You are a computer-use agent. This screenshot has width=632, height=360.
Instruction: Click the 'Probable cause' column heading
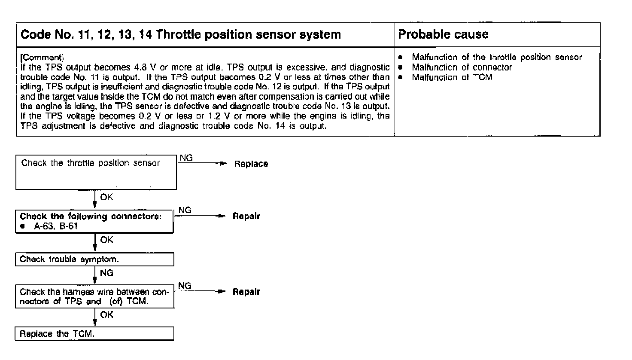pos(443,34)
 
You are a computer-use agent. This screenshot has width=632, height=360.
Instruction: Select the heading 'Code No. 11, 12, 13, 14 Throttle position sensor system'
pos(181,34)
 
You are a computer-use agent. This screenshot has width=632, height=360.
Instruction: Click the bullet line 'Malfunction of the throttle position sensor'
pos(497,57)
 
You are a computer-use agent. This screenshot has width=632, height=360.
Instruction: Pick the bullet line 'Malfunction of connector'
pos(462,67)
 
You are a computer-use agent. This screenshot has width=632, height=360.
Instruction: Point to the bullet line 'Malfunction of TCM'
pos(452,77)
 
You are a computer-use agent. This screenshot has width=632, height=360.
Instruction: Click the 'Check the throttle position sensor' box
pos(96,172)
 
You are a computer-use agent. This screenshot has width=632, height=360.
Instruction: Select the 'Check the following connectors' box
pos(94,221)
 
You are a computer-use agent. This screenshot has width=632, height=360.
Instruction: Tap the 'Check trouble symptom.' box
pos(94,259)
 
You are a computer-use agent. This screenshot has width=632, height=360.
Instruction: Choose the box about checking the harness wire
pos(94,296)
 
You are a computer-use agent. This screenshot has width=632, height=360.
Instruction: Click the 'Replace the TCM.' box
pos(94,334)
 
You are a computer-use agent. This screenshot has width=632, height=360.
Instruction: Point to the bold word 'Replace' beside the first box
pos(251,164)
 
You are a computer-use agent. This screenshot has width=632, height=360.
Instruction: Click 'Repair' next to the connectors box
pos(246,216)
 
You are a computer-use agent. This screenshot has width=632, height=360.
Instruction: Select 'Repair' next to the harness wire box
pos(246,292)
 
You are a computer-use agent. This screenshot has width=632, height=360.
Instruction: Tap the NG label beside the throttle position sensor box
pos(186,158)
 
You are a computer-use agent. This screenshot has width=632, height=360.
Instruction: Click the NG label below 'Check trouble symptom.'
pos(106,273)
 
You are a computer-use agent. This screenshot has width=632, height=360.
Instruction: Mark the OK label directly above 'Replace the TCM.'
pos(106,315)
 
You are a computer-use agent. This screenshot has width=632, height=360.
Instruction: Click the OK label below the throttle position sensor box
pos(106,197)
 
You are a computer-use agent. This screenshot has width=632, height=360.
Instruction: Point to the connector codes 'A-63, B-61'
pos(56,226)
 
